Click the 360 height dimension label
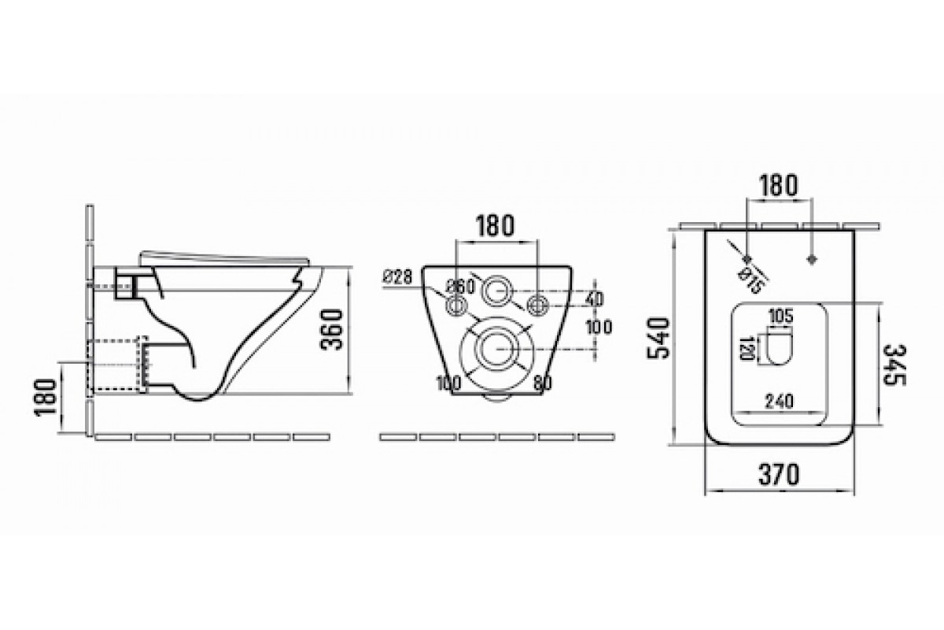(x=332, y=329)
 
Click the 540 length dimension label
(x=658, y=339)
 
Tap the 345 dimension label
(x=894, y=365)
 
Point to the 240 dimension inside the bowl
(x=780, y=402)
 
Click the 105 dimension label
(x=781, y=316)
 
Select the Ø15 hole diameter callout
(x=752, y=280)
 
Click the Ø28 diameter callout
(x=397, y=277)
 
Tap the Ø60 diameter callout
(x=461, y=287)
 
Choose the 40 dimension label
(x=594, y=298)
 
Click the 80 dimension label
(x=542, y=383)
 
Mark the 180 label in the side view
(x=46, y=397)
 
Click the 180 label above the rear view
(x=495, y=226)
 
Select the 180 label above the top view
(x=779, y=186)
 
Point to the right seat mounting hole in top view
(x=812, y=259)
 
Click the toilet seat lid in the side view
(x=225, y=257)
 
